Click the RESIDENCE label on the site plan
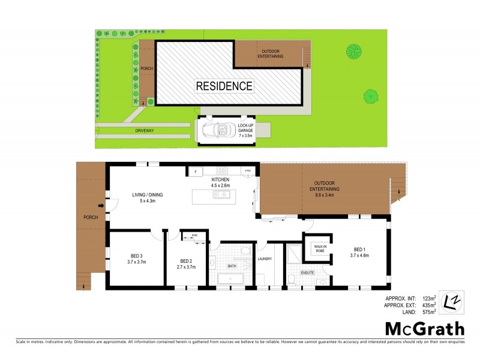coord(224,86)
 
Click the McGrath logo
coord(424,328)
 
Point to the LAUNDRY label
coord(265,259)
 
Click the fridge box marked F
coord(195,172)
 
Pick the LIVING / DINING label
coord(148,198)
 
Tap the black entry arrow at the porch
coord(101,208)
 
